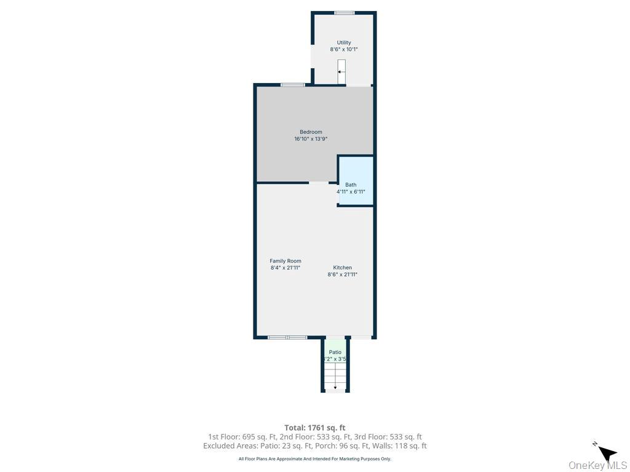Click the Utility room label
344,42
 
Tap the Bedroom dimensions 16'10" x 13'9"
311,139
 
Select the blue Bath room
356,180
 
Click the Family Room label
285,261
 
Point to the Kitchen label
343,267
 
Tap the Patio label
335,352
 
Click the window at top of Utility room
344,13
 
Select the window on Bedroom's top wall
293,85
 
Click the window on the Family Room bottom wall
287,337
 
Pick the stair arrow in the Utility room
341,72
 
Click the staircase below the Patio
335,376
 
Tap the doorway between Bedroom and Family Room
319,183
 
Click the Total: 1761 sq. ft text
314,427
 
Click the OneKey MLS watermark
597,465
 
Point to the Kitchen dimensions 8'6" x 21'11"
342,275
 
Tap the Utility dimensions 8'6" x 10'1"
344,49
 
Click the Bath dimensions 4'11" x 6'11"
351,192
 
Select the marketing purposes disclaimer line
314,458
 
